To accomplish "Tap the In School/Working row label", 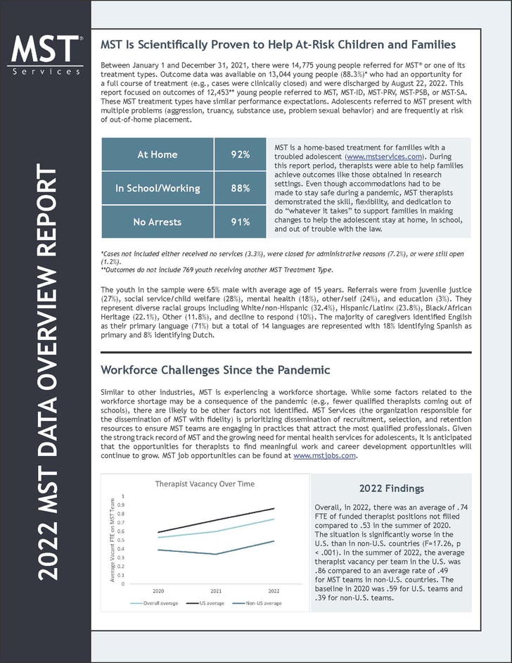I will [x=158, y=188].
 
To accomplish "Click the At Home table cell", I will [x=158, y=154].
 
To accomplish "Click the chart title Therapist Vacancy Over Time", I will [x=205, y=484].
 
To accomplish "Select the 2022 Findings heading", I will [x=391, y=488].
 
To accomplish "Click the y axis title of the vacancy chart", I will [x=112, y=538].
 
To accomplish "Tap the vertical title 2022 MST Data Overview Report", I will [x=47, y=373].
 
